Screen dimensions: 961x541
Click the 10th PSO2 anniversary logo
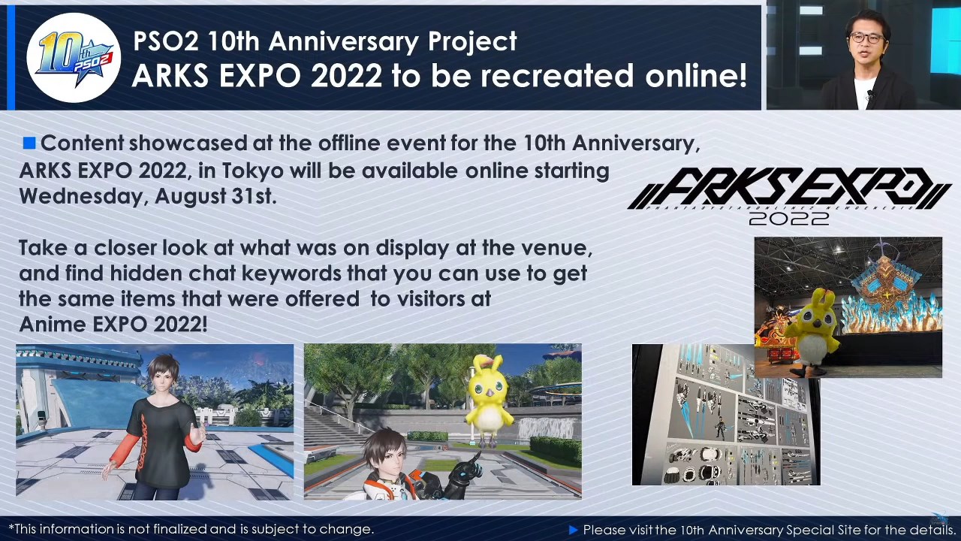click(74, 58)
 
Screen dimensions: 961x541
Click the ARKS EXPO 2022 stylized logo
click(788, 196)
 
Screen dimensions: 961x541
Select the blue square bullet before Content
click(29, 143)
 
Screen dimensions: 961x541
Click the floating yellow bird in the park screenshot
click(489, 399)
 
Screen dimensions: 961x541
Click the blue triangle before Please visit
click(573, 530)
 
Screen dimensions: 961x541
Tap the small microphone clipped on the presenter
click(870, 94)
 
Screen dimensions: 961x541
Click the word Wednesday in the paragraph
click(83, 197)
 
